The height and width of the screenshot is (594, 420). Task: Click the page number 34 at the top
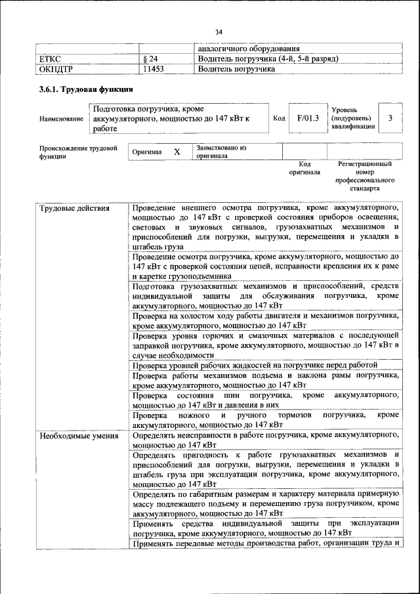point(219,32)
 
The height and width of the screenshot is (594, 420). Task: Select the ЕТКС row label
point(51,59)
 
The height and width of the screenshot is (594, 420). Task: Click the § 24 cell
point(150,59)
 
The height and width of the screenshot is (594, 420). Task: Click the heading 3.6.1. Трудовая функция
point(87,90)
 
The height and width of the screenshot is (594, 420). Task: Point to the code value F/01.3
point(307,118)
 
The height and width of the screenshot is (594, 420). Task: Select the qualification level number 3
point(391,118)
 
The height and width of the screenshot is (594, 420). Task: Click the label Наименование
point(61,119)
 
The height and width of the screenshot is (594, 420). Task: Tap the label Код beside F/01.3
point(279,118)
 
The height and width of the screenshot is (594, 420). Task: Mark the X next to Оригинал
point(177,152)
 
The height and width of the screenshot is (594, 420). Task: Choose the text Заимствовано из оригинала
point(220,152)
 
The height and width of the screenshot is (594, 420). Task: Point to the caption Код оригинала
point(304,168)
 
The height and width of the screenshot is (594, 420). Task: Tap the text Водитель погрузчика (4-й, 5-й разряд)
point(268,59)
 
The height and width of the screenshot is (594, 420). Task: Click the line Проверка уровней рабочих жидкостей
point(255,365)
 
